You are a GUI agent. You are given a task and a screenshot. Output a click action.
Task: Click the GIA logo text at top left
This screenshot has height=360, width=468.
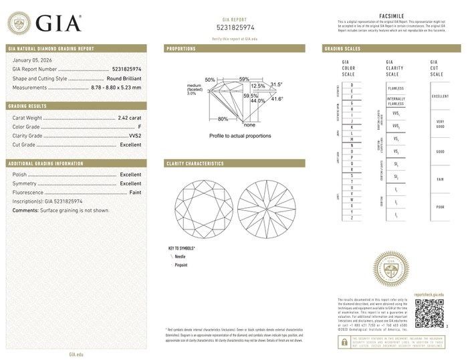click(58, 23)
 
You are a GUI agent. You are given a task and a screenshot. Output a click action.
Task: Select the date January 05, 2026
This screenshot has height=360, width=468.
click(31, 60)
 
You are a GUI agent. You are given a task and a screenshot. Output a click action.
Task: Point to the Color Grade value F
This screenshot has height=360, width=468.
click(139, 126)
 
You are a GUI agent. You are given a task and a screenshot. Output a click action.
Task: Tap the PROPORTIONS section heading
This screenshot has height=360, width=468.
click(181, 49)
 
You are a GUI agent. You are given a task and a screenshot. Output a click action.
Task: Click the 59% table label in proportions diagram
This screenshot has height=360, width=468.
click(244, 80)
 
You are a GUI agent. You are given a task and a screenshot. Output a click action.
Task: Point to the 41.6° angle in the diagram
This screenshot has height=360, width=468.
click(276, 99)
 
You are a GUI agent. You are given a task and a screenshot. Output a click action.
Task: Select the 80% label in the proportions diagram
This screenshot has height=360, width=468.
click(223, 118)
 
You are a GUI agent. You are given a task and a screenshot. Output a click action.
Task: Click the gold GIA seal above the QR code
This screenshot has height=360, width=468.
click(392, 271)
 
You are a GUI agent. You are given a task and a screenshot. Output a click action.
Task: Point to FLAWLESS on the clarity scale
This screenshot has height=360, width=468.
click(396, 87)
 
